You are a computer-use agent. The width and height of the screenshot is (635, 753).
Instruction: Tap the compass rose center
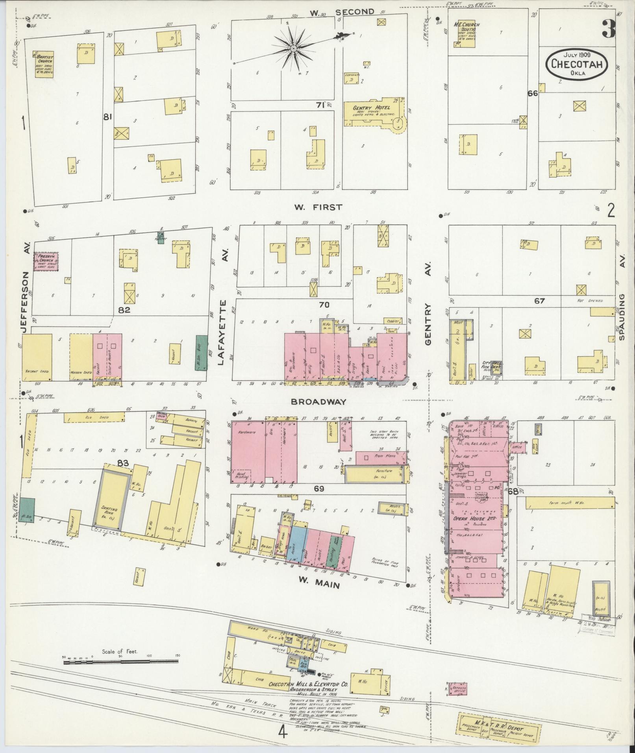point(293,48)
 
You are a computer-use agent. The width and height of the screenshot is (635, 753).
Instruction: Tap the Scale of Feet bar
point(120,663)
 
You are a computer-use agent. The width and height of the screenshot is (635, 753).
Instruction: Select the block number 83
point(123,463)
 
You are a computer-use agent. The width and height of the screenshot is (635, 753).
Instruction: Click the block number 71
point(320,105)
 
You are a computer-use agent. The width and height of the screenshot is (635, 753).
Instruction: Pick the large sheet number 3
point(609,28)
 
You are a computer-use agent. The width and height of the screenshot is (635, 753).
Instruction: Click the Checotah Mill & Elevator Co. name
point(308,685)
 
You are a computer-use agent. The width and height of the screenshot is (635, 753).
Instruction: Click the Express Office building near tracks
point(457,689)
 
